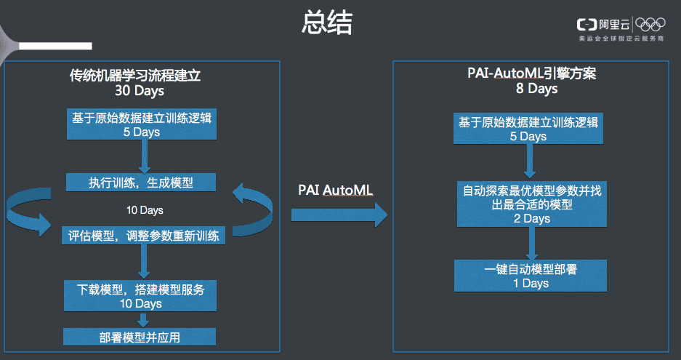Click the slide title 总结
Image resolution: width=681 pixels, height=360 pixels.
point(327,23)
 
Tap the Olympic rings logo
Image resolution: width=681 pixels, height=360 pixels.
point(650,24)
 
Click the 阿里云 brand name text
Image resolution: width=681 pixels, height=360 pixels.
point(614,25)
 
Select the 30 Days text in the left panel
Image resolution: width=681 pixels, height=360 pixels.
point(140,90)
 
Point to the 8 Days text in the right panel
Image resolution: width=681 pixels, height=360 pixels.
point(536,88)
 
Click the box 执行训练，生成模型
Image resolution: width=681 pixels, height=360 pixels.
point(141,182)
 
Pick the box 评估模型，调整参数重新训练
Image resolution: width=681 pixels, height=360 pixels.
point(143,235)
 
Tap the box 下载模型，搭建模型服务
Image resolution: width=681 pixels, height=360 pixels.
point(140,296)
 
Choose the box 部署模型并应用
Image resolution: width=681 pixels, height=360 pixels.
point(140,337)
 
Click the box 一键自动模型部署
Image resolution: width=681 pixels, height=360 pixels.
point(531,276)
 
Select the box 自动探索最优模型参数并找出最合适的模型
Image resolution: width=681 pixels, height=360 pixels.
point(531,204)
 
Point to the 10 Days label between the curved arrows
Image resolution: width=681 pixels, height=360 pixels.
point(145,210)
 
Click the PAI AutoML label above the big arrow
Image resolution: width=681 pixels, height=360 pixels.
point(335,190)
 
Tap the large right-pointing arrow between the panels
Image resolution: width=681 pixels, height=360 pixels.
point(339,215)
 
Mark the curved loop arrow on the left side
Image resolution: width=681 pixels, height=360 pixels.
point(28,212)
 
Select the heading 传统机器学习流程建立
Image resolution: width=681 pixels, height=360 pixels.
point(135,75)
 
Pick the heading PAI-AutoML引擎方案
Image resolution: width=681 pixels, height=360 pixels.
point(531,73)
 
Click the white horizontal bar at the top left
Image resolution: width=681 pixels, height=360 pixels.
point(55,46)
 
